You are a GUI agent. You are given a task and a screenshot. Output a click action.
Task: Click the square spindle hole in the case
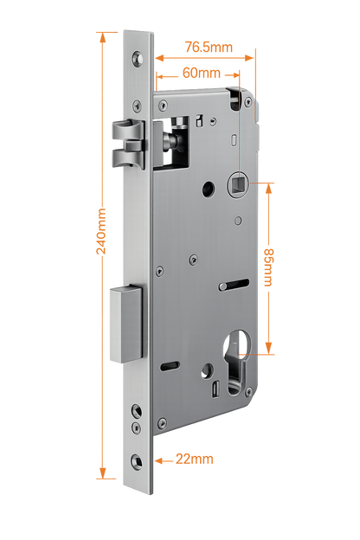(x=238, y=183)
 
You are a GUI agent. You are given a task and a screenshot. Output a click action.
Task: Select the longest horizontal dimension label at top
(x=208, y=49)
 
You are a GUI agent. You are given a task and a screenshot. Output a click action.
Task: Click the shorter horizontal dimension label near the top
(x=196, y=73)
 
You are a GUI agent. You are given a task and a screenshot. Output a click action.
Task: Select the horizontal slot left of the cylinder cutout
(x=170, y=364)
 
